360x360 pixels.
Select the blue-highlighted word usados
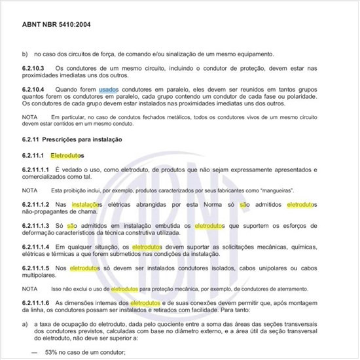(x=109, y=88)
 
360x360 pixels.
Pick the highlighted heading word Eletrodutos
(x=68, y=156)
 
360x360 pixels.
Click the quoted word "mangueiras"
(x=273, y=190)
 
